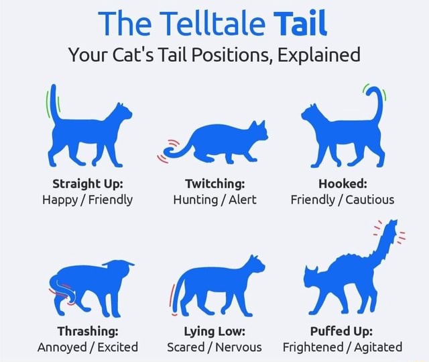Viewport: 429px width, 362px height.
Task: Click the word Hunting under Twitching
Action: (195, 199)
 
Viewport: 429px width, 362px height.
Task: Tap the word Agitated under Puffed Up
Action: (374, 347)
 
